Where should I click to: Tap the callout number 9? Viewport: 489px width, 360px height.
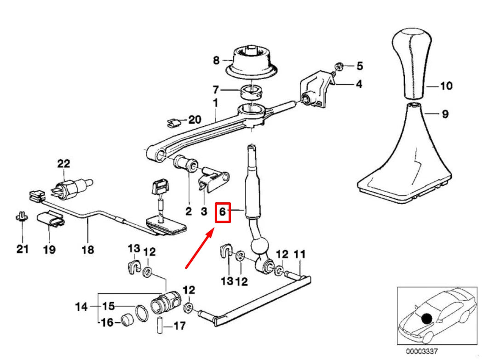tap(445, 114)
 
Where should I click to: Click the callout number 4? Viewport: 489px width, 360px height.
tap(358, 84)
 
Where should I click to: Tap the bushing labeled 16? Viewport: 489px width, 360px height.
tap(127, 320)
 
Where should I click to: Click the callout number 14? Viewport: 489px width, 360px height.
tap(81, 306)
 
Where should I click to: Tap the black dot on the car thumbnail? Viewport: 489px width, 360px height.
tap(428, 318)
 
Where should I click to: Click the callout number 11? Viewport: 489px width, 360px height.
tap(299, 254)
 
